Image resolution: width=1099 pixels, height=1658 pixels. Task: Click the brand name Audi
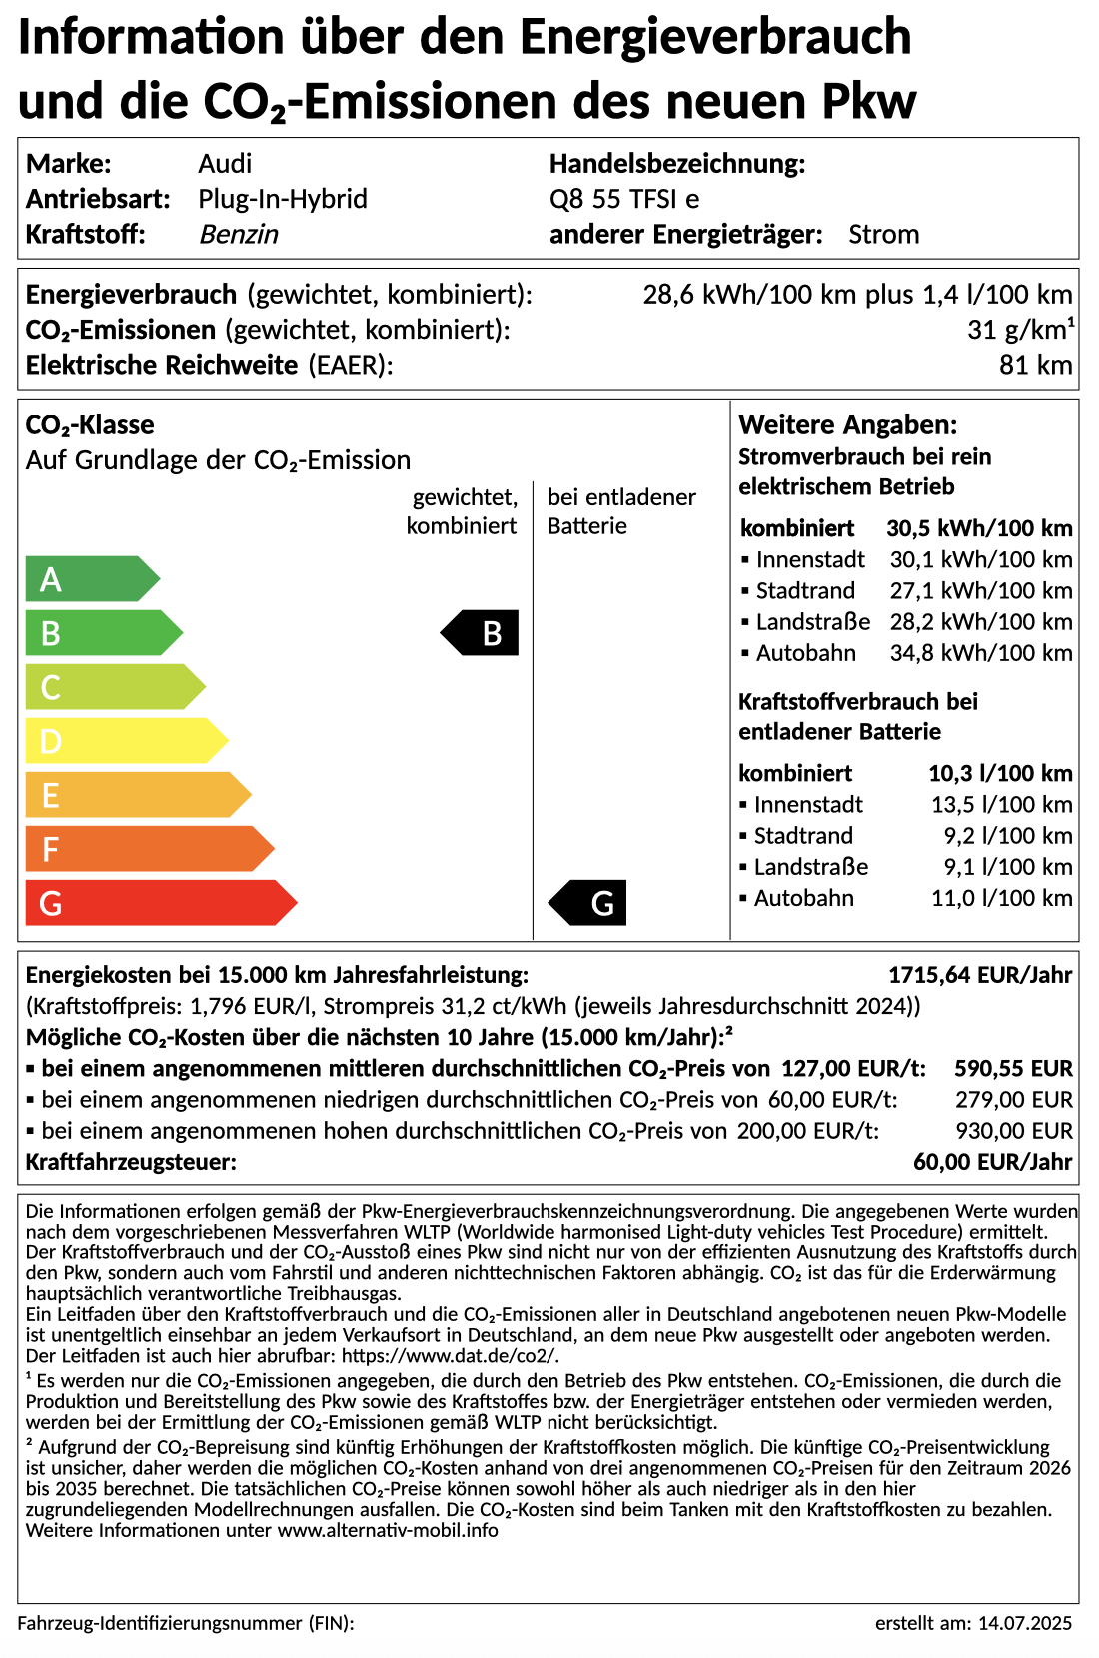[x=225, y=164]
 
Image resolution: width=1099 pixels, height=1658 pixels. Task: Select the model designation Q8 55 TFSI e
[x=624, y=199]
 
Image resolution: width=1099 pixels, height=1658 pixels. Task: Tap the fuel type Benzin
[x=239, y=234]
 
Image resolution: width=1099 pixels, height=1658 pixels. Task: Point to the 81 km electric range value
[x=1035, y=365]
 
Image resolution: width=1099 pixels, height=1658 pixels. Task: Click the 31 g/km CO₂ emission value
[x=1020, y=330]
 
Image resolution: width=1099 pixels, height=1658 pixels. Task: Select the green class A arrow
[x=90, y=579]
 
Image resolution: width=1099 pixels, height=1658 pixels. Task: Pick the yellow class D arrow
[x=125, y=741]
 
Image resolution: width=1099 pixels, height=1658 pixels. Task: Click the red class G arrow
[x=160, y=903]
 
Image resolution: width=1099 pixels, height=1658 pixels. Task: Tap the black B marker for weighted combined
[x=482, y=633]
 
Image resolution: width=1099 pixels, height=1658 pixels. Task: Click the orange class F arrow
[x=148, y=849]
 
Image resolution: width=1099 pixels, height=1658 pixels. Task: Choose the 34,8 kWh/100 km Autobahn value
[x=981, y=653]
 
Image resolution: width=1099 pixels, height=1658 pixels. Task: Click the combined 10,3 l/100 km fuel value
[x=1000, y=773]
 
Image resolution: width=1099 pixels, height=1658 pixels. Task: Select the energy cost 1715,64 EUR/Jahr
[x=980, y=975]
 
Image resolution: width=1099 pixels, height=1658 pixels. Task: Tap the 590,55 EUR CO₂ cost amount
[x=1013, y=1069]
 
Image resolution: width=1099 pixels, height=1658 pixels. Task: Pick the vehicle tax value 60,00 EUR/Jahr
[x=992, y=1162]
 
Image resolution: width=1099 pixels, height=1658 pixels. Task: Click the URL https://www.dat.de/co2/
[x=451, y=1356]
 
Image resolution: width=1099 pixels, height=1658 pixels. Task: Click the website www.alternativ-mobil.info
[x=388, y=1531]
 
